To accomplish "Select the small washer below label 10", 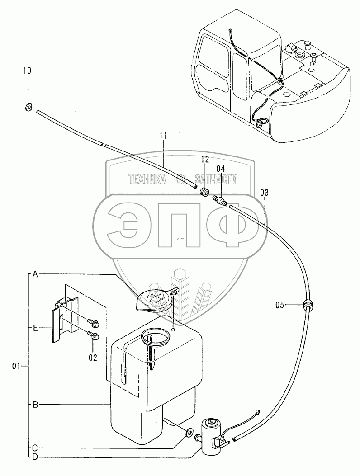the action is click(28, 107).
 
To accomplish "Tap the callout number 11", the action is click(164, 135).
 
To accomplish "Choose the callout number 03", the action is click(265, 193).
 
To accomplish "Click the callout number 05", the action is click(280, 305).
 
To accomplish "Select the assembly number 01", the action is click(16, 366).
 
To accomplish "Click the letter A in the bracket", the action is click(35, 274).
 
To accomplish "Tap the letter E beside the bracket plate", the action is click(35, 327).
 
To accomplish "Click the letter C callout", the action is click(35, 448).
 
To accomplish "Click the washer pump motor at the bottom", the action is click(210, 436).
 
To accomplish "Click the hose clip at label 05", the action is click(308, 305).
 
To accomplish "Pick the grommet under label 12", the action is click(204, 192).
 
